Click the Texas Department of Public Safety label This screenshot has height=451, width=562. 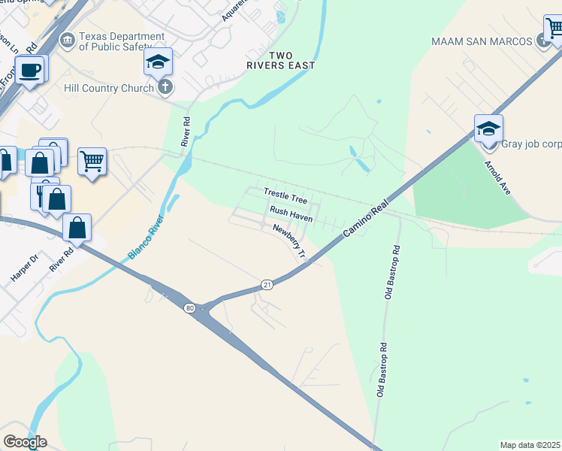(122, 41)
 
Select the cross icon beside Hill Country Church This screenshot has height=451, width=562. (165, 88)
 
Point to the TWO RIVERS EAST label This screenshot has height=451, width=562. (280, 61)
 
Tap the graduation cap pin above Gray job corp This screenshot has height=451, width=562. (488, 129)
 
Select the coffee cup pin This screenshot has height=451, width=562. (30, 71)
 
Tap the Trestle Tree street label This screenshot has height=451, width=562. (285, 197)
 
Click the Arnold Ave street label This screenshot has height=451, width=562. (497, 177)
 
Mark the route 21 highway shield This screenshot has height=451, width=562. (267, 284)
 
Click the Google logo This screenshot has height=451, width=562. (25, 442)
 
